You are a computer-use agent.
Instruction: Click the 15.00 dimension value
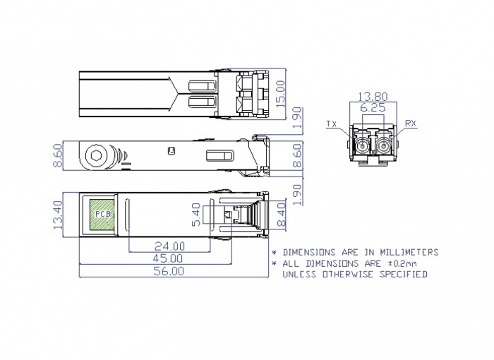pyautogui.click(x=280, y=94)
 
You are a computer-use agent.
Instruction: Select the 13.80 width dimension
pyautogui.click(x=373, y=97)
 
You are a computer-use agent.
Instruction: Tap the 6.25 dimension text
pyautogui.click(x=373, y=108)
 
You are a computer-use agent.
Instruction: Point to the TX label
pyautogui.click(x=332, y=124)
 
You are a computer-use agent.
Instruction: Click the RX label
pyautogui.click(x=410, y=124)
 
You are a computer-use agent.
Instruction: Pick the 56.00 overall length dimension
pyautogui.click(x=169, y=271)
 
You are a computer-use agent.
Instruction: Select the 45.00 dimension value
pyautogui.click(x=168, y=258)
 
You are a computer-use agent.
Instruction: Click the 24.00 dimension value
pyautogui.click(x=169, y=246)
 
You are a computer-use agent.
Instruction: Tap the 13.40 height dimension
pyautogui.click(x=59, y=215)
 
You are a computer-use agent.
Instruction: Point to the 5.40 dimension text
pyautogui.click(x=196, y=215)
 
